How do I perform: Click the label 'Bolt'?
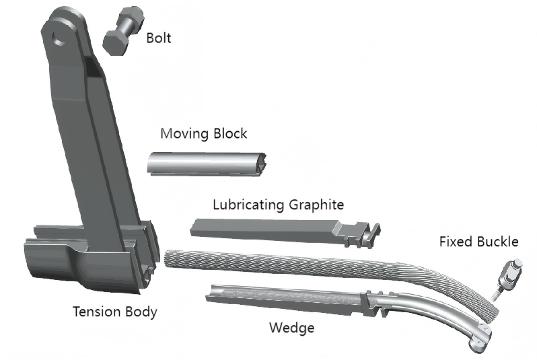pos(159,38)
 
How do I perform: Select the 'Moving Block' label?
pos(203,133)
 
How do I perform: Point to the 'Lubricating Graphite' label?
pos(279,204)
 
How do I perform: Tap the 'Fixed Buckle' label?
pos(478,242)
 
